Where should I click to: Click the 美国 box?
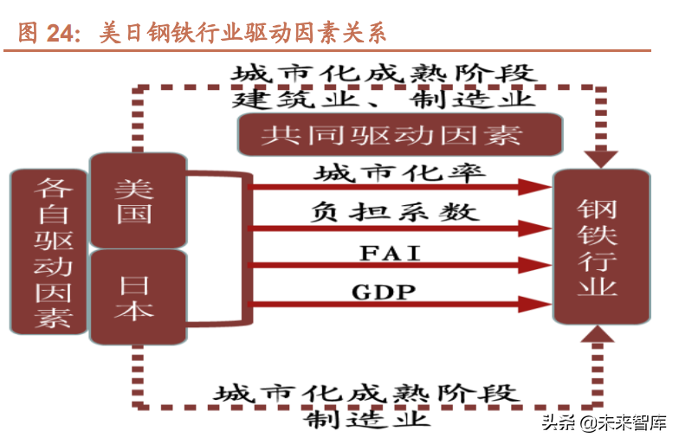click(x=137, y=200)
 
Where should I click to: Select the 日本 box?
click(x=137, y=297)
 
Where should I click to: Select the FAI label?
click(x=388, y=254)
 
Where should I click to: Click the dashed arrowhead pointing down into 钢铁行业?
click(x=600, y=158)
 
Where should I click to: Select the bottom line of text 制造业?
click(x=367, y=420)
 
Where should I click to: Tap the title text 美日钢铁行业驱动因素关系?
click(x=242, y=33)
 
